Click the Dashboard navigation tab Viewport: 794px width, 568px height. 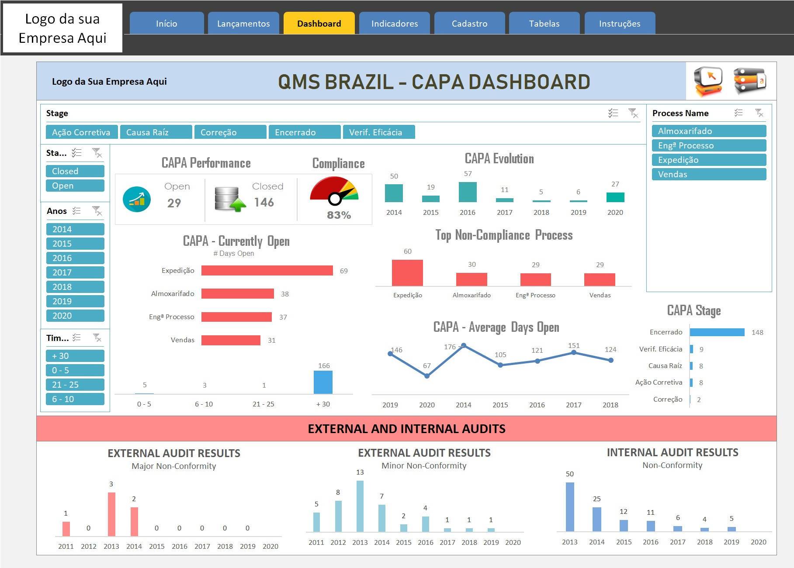(319, 23)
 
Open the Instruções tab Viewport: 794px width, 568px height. (620, 23)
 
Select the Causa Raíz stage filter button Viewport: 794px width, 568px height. (156, 132)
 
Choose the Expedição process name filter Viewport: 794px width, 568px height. (709, 160)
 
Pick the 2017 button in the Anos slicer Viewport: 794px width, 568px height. (75, 272)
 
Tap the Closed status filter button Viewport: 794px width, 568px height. (75, 171)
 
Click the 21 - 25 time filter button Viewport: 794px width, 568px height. (75, 385)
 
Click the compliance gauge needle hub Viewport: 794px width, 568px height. (335, 199)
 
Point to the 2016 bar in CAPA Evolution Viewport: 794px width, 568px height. (468, 192)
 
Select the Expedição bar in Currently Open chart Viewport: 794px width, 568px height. (267, 271)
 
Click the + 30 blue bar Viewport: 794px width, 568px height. (323, 382)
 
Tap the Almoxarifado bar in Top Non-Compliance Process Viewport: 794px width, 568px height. (472, 279)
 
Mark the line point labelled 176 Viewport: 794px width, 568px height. (464, 345)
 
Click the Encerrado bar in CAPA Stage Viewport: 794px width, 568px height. (717, 332)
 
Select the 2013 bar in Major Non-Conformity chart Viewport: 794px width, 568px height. (111, 514)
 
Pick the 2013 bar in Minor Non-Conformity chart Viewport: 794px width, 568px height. (360, 506)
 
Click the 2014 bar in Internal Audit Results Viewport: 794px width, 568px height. (597, 519)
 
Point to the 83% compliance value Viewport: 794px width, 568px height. (339, 215)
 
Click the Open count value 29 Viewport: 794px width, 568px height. (174, 203)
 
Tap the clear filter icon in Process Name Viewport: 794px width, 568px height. (759, 113)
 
